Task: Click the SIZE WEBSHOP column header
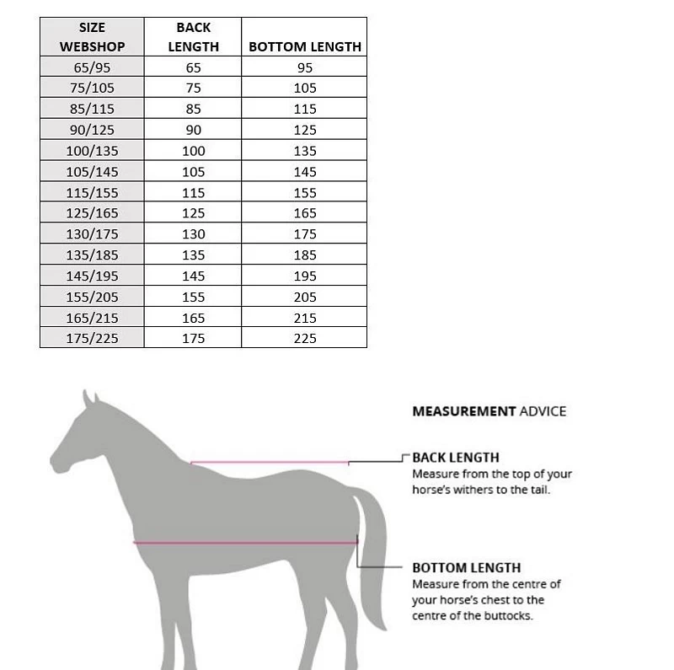click(92, 37)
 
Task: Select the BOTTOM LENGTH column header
click(305, 47)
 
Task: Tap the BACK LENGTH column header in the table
click(193, 37)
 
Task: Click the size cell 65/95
click(92, 67)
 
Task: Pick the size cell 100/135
click(92, 151)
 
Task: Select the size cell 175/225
click(92, 338)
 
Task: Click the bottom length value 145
click(305, 172)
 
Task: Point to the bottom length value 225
click(305, 338)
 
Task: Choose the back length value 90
click(193, 130)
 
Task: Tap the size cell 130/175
click(92, 234)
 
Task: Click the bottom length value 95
click(305, 67)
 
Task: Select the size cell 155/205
click(92, 297)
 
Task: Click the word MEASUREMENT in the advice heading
click(463, 411)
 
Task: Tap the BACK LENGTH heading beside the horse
click(455, 458)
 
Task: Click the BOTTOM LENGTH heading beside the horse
click(466, 567)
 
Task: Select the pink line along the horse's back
click(270, 462)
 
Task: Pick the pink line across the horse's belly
click(244, 542)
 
